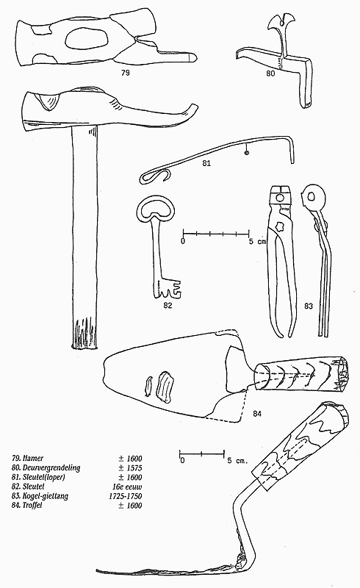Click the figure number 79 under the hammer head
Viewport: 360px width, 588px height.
point(125,72)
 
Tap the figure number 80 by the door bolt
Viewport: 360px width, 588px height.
point(270,73)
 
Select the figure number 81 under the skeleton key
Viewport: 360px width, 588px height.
point(206,163)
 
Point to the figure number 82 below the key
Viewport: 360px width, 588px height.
point(168,305)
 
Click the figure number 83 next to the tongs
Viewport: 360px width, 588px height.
point(309,306)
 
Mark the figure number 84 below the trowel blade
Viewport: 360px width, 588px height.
point(257,414)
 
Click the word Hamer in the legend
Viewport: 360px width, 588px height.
point(33,458)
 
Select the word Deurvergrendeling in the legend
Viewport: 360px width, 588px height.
point(51,468)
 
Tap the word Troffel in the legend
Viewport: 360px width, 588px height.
point(32,506)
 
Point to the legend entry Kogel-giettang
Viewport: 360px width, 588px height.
point(46,496)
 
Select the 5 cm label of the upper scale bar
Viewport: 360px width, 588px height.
point(258,241)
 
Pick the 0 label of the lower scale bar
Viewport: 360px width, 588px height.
point(182,460)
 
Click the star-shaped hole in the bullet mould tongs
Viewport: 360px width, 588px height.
point(280,226)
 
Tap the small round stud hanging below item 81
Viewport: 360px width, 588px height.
point(246,152)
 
